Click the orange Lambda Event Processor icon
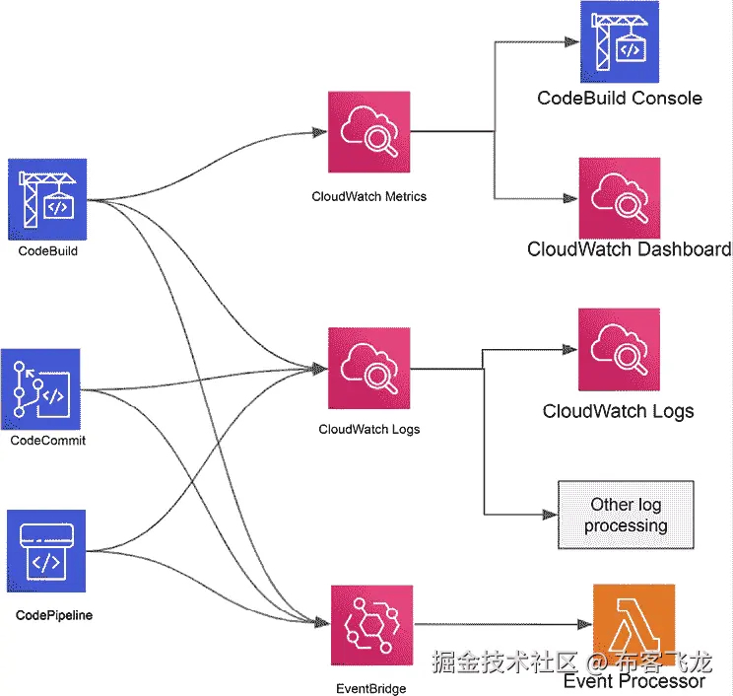633,625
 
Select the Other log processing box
626,515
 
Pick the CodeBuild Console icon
618,42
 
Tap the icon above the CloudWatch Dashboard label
618,197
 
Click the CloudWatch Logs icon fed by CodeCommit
368,369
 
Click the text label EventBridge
370,689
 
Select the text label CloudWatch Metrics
369,196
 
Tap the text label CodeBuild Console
620,98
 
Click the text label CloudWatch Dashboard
629,248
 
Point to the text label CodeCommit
47,441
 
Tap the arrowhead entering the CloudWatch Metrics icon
320,132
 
